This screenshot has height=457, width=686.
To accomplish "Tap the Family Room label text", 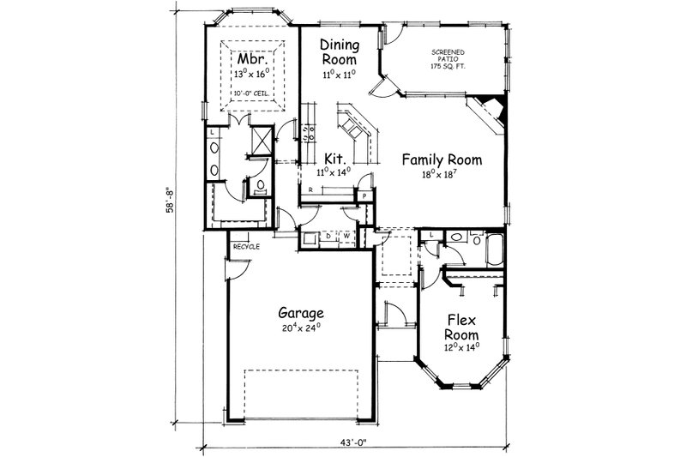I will point(442,159).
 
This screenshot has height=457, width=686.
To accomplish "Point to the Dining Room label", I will point(339,51).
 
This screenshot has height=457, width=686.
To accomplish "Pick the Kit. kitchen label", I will point(335,159).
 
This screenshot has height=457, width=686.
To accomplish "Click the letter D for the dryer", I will point(328,233).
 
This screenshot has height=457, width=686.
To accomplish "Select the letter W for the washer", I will point(347,233).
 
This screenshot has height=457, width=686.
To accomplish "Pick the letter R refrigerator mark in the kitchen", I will point(310,189).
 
